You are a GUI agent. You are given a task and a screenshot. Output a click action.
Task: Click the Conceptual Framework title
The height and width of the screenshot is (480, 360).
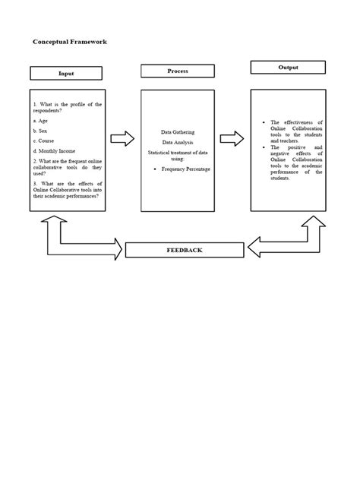[x=69, y=42]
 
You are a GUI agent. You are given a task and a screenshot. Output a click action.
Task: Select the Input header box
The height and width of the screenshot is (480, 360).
[x=67, y=74]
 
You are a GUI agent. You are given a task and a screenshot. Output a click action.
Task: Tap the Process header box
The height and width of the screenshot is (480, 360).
[x=178, y=71]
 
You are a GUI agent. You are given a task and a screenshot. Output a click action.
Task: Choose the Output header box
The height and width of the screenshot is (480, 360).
[x=288, y=68]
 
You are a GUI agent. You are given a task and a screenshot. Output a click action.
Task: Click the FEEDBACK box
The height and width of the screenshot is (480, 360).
[x=185, y=250]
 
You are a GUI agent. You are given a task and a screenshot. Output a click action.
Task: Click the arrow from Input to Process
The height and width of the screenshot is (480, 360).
[x=122, y=138]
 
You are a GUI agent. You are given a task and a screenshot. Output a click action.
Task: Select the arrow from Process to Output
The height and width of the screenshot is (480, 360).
[x=232, y=138]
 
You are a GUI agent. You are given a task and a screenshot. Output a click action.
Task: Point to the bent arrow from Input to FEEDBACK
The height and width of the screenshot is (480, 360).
[x=76, y=238]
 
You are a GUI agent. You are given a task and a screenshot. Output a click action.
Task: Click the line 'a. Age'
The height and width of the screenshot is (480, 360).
[x=40, y=120]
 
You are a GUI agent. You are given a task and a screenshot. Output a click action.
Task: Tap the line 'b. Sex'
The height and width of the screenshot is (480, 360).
[x=40, y=130]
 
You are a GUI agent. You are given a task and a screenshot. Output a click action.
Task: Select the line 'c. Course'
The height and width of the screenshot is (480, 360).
[x=43, y=141]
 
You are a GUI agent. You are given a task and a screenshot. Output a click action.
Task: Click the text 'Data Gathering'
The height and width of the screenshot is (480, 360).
[x=178, y=131]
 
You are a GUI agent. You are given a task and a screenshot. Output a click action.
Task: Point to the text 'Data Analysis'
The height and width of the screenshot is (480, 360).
[x=178, y=142]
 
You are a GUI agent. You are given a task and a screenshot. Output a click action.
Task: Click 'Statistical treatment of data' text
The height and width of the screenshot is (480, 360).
[x=178, y=153]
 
